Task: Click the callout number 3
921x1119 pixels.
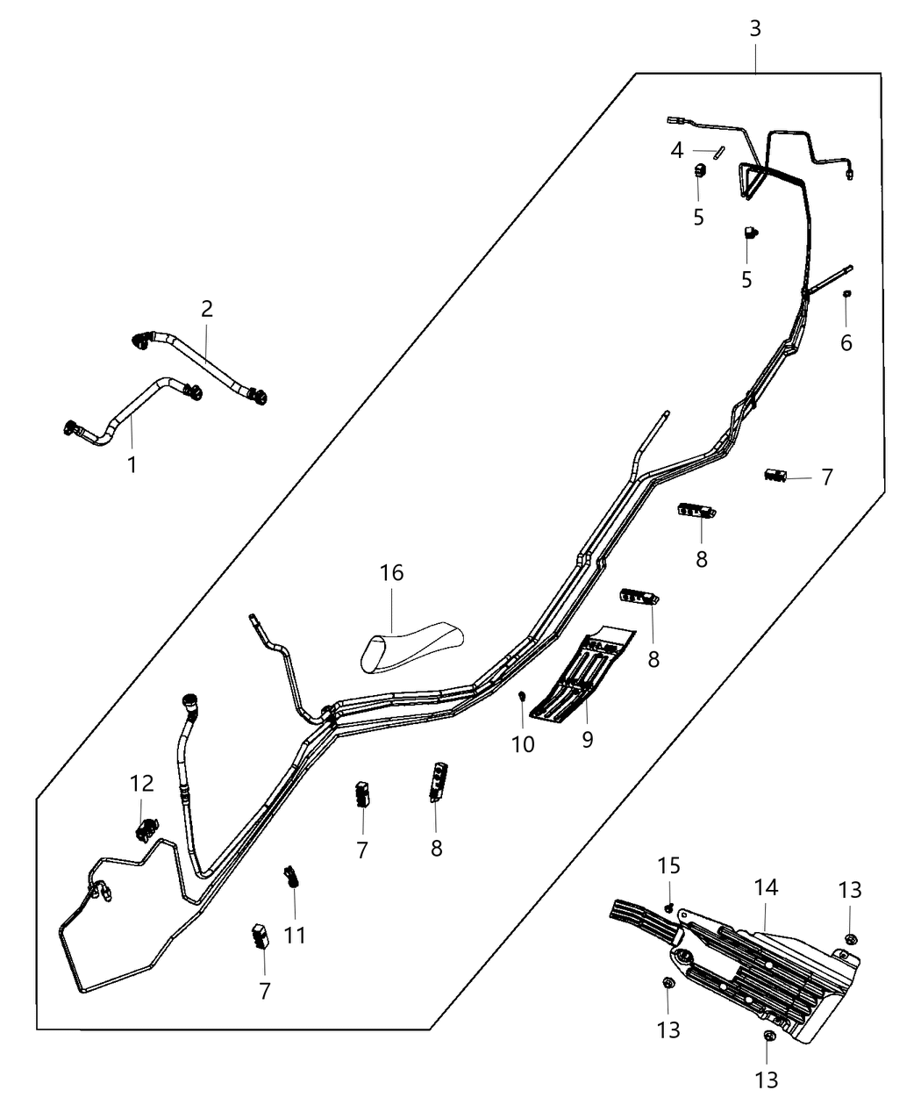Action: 755,28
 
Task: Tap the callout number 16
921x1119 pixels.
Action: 391,573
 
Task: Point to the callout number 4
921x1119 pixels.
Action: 676,151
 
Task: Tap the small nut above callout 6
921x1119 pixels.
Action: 847,294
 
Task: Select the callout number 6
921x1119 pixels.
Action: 846,343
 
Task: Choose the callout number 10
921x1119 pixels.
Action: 523,744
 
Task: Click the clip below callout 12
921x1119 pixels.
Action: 145,826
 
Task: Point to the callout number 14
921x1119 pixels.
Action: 766,887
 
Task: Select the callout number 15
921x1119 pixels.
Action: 669,866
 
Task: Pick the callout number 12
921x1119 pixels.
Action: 142,783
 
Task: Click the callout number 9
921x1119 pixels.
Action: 587,740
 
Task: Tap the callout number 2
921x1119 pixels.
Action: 207,308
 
